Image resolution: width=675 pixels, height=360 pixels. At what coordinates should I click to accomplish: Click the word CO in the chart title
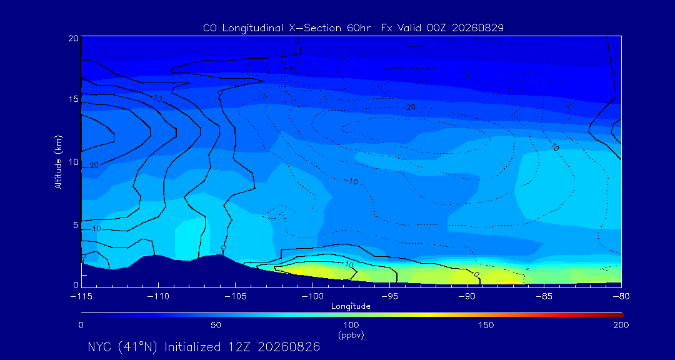pos(209,28)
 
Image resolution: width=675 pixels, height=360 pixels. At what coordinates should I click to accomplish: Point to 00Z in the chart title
pos(433,28)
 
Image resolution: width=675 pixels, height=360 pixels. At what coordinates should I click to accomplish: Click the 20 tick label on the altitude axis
pos(72,37)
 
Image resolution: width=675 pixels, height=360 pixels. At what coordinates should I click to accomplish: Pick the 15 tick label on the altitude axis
pos(72,99)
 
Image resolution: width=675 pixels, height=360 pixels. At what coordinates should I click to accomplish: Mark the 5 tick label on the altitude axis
pos(76,225)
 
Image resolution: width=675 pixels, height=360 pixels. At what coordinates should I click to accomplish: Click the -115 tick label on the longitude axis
pos(81,296)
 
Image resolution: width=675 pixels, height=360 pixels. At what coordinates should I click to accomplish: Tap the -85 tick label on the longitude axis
pos(544,296)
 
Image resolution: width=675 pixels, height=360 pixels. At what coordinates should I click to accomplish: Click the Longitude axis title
pos(351,307)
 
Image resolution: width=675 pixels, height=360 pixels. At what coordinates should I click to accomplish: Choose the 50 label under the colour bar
pos(216,325)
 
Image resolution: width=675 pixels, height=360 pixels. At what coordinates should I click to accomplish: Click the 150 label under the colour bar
pos(486,325)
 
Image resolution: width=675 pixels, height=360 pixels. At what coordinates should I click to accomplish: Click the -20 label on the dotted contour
pos(409,107)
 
